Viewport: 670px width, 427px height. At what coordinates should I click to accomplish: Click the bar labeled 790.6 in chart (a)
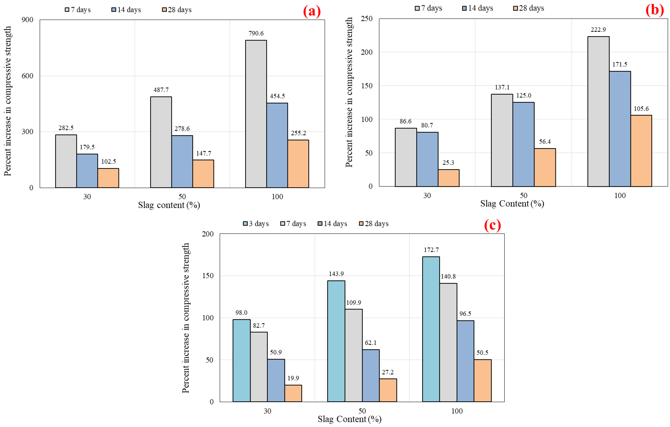tap(256, 114)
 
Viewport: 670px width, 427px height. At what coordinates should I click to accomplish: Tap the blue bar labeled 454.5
tap(277, 145)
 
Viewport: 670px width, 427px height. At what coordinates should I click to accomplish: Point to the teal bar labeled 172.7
tap(431, 329)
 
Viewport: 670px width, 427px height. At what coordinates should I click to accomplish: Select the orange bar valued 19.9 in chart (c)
tap(293, 393)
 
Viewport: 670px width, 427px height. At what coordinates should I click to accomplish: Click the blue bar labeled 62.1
tap(371, 376)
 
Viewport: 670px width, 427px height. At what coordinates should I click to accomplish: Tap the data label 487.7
tap(161, 90)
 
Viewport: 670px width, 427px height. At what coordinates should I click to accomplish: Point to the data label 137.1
tap(502, 87)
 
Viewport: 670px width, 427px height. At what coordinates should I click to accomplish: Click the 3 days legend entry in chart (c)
tap(256, 224)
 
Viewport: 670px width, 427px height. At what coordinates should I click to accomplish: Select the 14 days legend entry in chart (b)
tap(478, 8)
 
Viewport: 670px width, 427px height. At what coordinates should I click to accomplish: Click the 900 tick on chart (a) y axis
tap(27, 20)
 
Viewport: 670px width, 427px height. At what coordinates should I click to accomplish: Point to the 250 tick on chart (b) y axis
tap(367, 19)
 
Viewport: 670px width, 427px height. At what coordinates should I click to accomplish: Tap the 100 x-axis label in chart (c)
tap(457, 411)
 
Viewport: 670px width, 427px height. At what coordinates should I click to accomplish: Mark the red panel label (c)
tap(493, 225)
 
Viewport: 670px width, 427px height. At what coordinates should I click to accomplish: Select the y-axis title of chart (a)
tap(8, 101)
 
